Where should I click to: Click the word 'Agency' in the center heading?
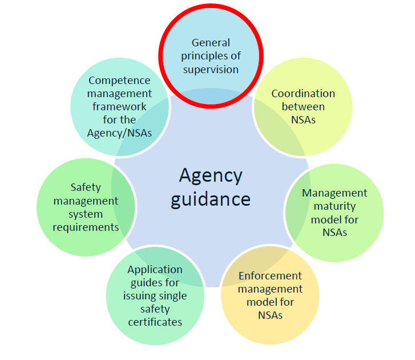point(211,175)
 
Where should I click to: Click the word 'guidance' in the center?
point(211,199)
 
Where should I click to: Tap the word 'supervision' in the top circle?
point(211,69)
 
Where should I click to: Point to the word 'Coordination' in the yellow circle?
point(303,93)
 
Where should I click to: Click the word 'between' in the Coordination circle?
point(303,106)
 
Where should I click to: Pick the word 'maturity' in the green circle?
point(334,206)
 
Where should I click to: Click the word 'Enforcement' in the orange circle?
point(270,275)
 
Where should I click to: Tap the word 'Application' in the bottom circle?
point(155,269)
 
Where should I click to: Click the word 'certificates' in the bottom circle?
point(155,322)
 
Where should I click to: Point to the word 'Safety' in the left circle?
point(86,187)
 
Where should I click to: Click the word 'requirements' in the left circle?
point(86,227)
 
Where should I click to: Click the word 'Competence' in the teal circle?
point(119,81)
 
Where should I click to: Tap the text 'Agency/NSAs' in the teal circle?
point(119,133)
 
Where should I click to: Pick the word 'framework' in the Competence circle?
point(119,107)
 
